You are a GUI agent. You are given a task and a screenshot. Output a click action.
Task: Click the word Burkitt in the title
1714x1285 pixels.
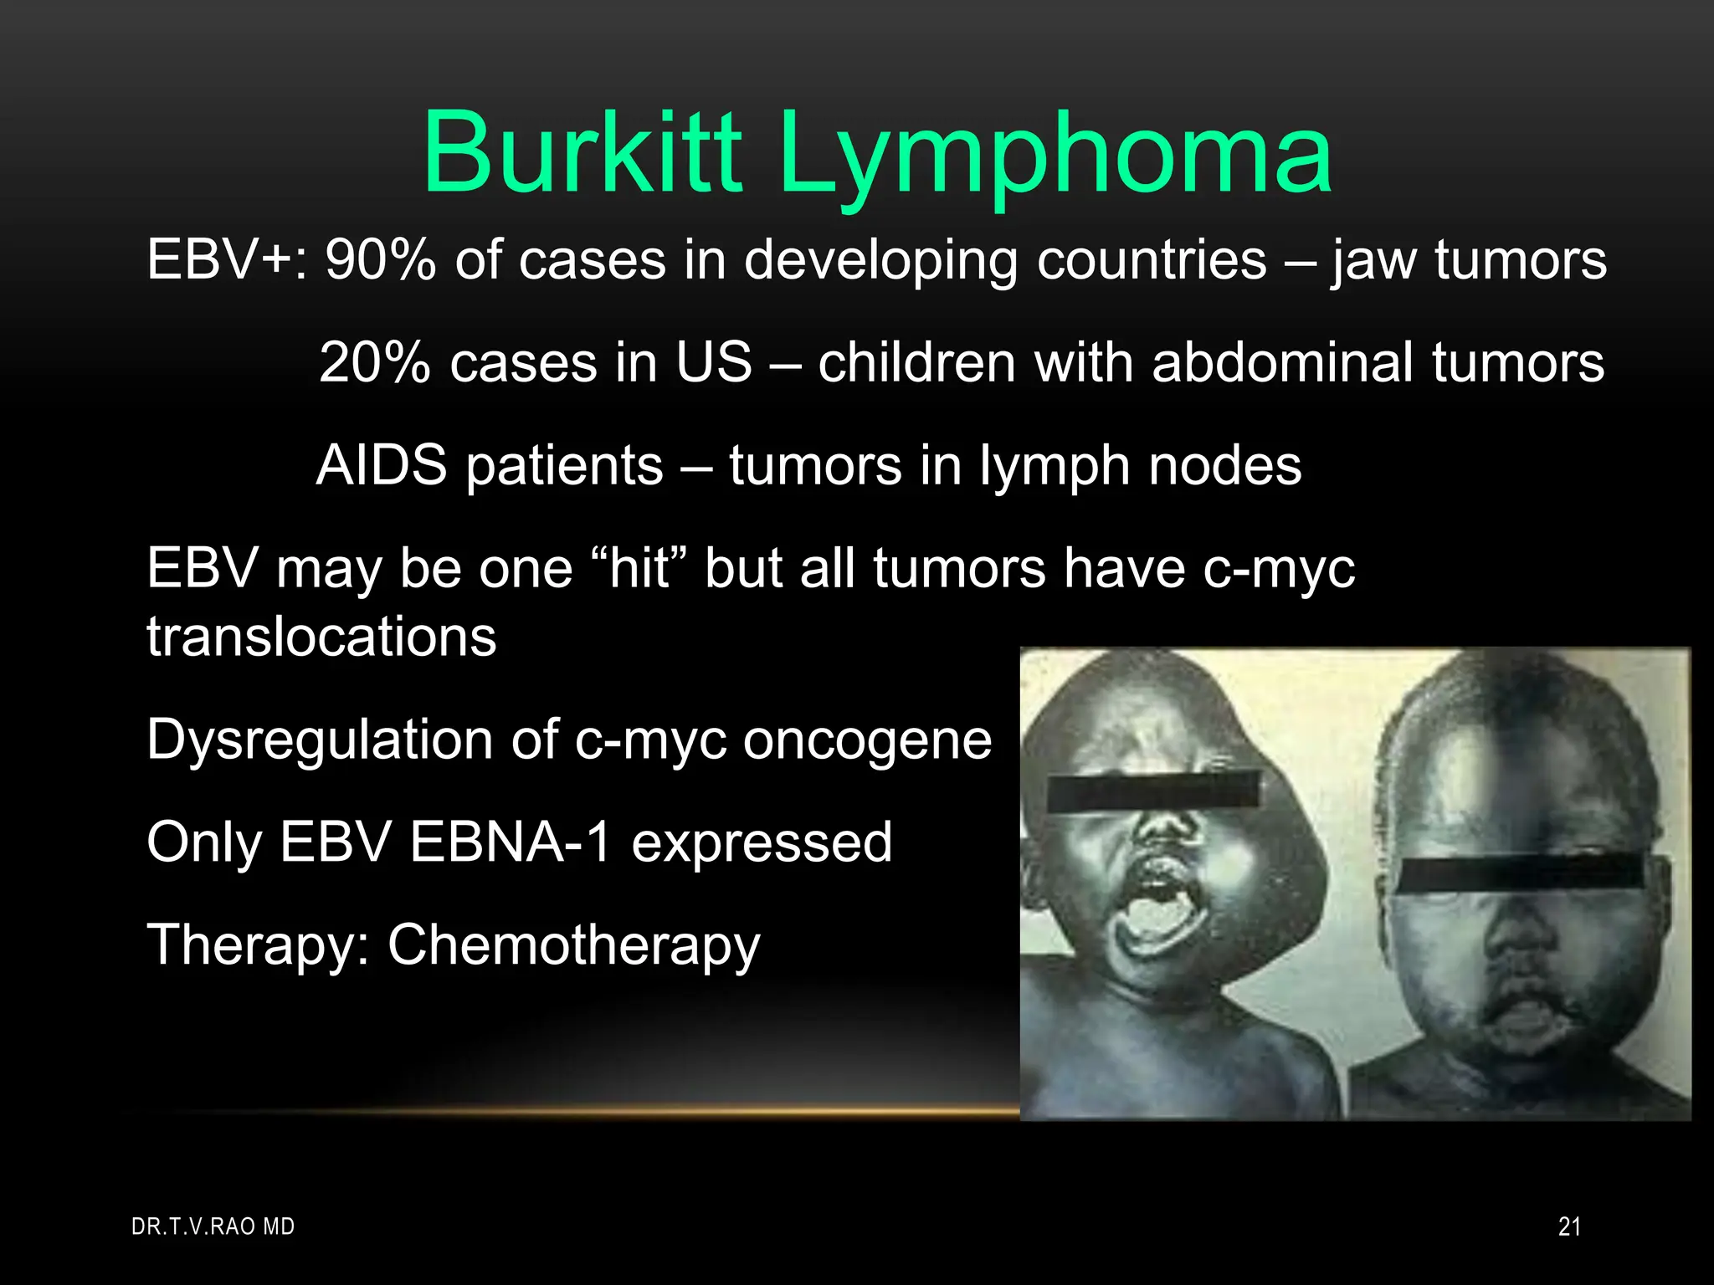point(582,152)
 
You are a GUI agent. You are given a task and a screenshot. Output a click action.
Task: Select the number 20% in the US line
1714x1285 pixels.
point(374,362)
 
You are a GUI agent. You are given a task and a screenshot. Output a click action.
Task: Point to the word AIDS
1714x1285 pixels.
point(382,465)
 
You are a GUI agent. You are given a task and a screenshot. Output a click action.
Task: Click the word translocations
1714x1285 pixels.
point(321,637)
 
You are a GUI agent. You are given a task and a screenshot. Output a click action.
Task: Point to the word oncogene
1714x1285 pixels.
point(867,741)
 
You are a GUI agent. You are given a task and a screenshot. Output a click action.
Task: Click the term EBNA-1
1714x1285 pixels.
point(511,842)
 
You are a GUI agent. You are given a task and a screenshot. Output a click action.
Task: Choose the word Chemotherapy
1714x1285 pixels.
point(573,945)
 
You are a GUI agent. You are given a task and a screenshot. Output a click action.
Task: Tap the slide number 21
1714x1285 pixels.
point(1569,1226)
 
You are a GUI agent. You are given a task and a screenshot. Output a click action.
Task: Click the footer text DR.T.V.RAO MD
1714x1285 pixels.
point(213,1226)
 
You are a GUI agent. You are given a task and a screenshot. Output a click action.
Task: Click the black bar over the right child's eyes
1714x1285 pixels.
point(1520,875)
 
